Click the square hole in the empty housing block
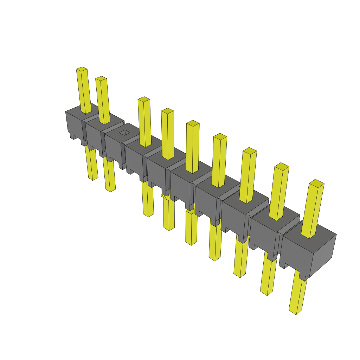(124, 133)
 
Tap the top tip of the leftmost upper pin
(82, 69)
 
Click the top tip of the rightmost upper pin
(316, 183)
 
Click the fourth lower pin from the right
(215, 243)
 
